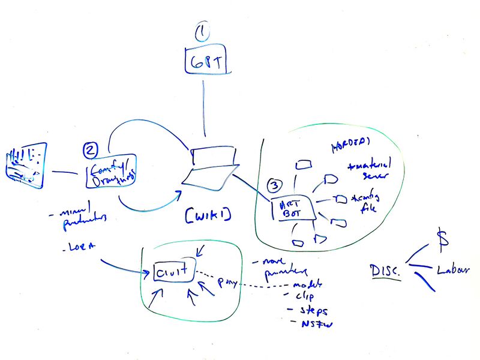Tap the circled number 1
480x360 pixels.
(205, 32)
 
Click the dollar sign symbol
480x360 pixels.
(442, 238)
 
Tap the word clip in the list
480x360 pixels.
(305, 296)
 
